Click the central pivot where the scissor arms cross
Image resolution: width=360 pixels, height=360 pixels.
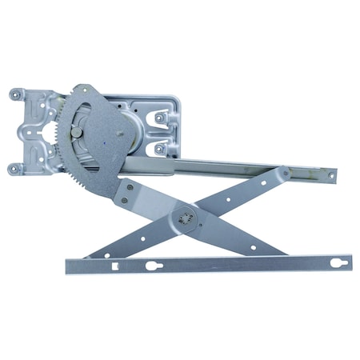(x=186, y=216)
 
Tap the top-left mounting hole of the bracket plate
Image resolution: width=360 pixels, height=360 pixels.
(x=15, y=94)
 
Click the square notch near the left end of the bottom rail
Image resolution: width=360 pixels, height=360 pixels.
(x=118, y=265)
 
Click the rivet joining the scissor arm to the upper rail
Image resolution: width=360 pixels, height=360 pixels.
(x=285, y=173)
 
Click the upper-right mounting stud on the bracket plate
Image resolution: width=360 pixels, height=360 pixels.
(x=160, y=117)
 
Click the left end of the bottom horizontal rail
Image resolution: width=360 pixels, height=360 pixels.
(x=70, y=265)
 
